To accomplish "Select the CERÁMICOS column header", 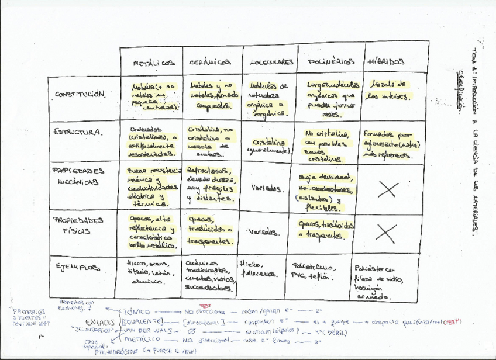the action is point(210,63).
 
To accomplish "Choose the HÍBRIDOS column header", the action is point(387,62).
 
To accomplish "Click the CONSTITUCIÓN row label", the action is point(81,95).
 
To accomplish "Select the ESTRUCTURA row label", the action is point(78,132).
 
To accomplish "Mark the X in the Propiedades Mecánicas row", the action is point(388,189).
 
